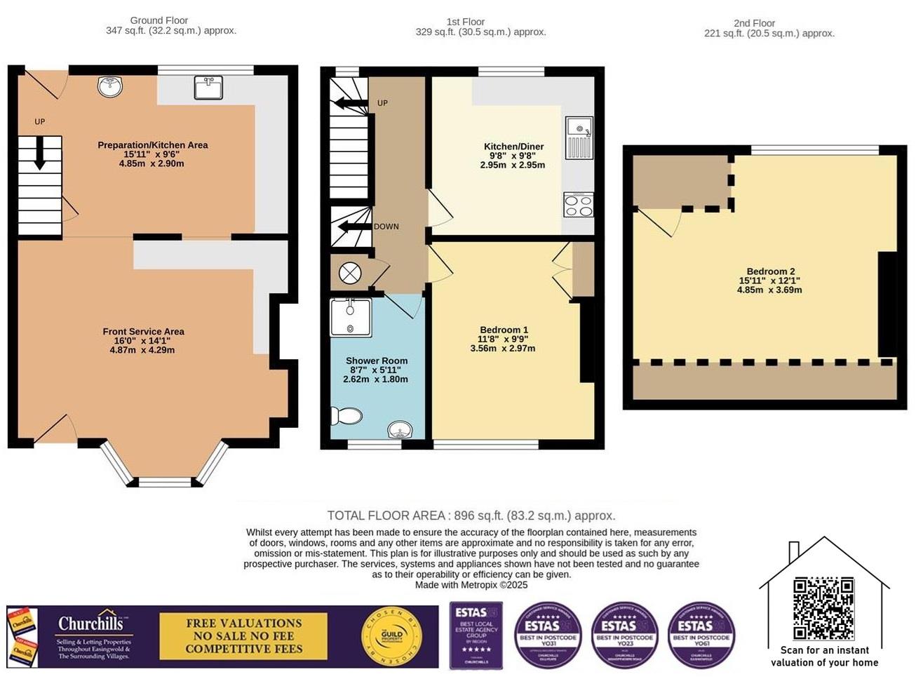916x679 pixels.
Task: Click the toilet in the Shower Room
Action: pos(346,416)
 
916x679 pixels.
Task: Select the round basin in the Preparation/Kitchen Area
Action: pos(110,86)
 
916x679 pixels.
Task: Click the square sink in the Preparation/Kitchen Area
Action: pos(208,88)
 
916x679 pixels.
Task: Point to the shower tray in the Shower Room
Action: pos(351,317)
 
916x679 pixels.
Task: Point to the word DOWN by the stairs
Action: pos(386,227)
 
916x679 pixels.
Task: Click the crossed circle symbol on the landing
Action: pos(349,274)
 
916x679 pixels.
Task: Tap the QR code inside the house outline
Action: pos(823,608)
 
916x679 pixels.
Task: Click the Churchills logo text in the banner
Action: pos(90,624)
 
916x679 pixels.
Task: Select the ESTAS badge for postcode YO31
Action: pos(548,635)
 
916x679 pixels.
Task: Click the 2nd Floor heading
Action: pos(754,23)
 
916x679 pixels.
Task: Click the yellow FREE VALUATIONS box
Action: pos(243,636)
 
